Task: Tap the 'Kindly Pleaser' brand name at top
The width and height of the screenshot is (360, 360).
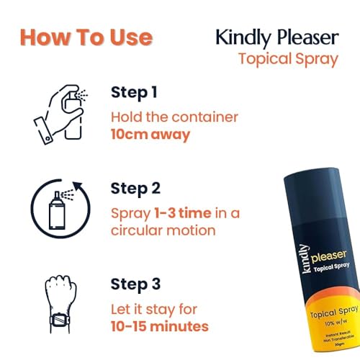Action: pyautogui.click(x=276, y=37)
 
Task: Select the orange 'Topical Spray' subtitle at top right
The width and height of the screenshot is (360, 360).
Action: pyautogui.click(x=288, y=58)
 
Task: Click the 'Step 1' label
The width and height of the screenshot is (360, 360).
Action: pyautogui.click(x=134, y=92)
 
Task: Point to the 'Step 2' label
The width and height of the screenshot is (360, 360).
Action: pyautogui.click(x=135, y=189)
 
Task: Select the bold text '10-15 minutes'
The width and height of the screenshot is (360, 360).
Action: pyautogui.click(x=160, y=327)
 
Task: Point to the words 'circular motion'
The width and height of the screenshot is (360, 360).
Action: pyautogui.click(x=164, y=230)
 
